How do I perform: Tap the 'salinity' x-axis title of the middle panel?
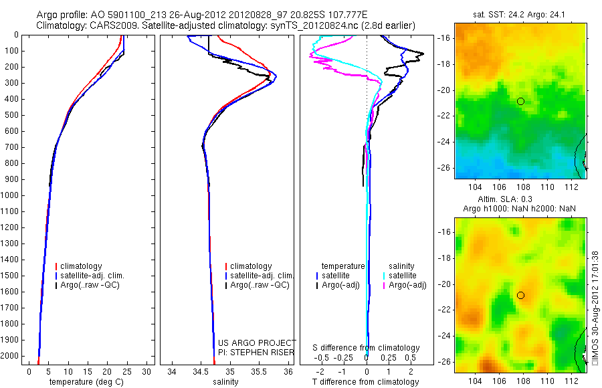pyautogui.click(x=225, y=382)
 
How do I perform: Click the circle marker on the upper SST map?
pyautogui.click(x=520, y=101)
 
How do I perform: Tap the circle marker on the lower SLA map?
pyautogui.click(x=520, y=295)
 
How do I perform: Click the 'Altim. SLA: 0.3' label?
pyautogui.click(x=506, y=200)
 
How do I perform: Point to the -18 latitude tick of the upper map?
pyautogui.click(x=444, y=64)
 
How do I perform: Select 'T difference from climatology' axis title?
pyautogui.click(x=366, y=382)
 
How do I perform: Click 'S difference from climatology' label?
pyautogui.click(x=366, y=348)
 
